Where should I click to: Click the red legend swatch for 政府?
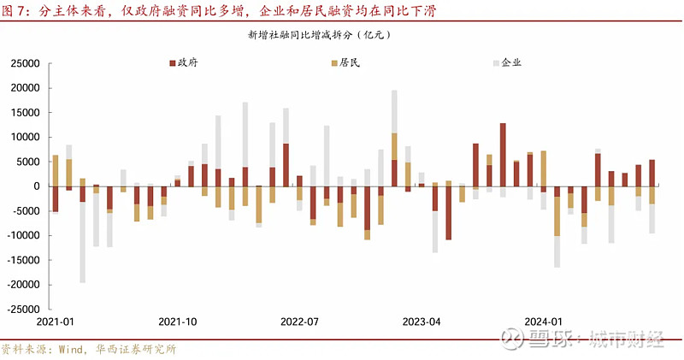tap(172, 63)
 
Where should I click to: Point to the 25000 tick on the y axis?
tap(26, 64)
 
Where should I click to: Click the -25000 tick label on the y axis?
tap(24, 310)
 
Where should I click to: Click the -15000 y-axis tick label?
tap(24, 261)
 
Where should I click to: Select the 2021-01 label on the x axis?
tap(55, 322)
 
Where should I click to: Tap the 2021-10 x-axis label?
tap(177, 322)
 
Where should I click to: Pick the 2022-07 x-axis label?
tap(299, 322)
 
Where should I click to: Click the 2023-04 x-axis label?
tap(422, 322)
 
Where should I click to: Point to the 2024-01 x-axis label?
tap(544, 322)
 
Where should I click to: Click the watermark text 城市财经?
tap(628, 339)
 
